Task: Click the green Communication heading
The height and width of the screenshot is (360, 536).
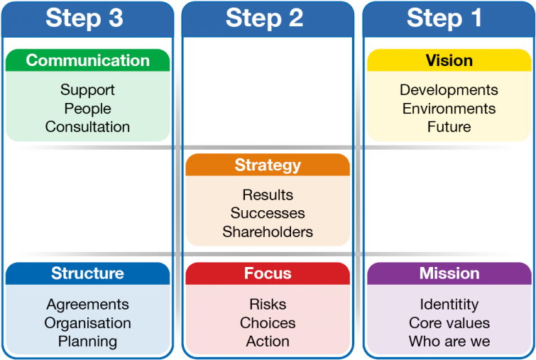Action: coord(87,60)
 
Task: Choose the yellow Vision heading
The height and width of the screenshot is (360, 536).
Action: coord(449,60)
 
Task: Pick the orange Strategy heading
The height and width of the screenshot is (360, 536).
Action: coord(268,165)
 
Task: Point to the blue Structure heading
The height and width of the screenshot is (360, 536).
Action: coord(87,273)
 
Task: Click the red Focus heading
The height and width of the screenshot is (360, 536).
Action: coord(268,273)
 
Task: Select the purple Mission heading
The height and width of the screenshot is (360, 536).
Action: coord(449,273)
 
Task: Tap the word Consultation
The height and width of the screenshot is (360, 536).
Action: coord(87,127)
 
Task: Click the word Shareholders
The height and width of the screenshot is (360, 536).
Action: coord(268,231)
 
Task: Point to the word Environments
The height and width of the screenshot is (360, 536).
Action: coord(449,109)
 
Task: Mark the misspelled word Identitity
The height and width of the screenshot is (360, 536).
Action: coord(449,305)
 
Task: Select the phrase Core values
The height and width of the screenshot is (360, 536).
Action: coord(449,323)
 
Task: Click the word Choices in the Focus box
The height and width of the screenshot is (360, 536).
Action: coord(268,323)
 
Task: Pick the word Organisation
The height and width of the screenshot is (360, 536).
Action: coord(87,323)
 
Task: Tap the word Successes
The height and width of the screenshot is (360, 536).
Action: coord(268,213)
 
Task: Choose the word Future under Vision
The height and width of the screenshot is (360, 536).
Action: coord(449,127)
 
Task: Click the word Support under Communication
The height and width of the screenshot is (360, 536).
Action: coord(87,90)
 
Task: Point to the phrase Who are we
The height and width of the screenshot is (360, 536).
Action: coord(449,342)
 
